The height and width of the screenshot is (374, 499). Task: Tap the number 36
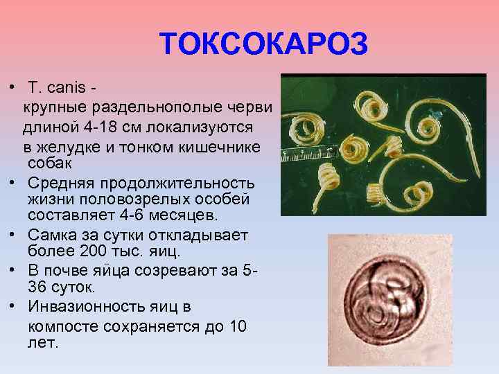[x=37, y=286]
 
